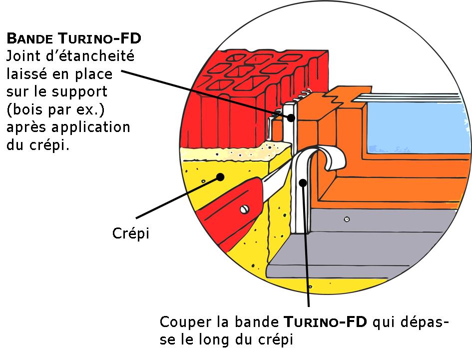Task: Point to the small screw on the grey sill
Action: click(346, 219)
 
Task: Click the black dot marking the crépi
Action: click(219, 176)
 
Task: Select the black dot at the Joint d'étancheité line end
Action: click(291, 117)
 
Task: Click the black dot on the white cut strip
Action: click(302, 183)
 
